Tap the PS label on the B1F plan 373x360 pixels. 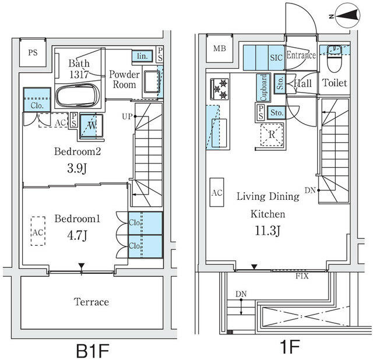click(x=33, y=52)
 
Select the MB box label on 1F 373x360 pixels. click(x=220, y=48)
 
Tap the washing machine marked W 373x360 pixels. click(x=92, y=125)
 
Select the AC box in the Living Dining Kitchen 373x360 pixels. click(x=216, y=193)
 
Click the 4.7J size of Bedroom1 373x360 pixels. click(x=78, y=235)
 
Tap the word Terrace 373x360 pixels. click(x=92, y=302)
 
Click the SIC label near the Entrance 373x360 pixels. click(x=276, y=57)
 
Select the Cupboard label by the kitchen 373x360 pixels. click(x=263, y=88)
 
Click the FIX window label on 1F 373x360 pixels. click(x=302, y=276)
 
